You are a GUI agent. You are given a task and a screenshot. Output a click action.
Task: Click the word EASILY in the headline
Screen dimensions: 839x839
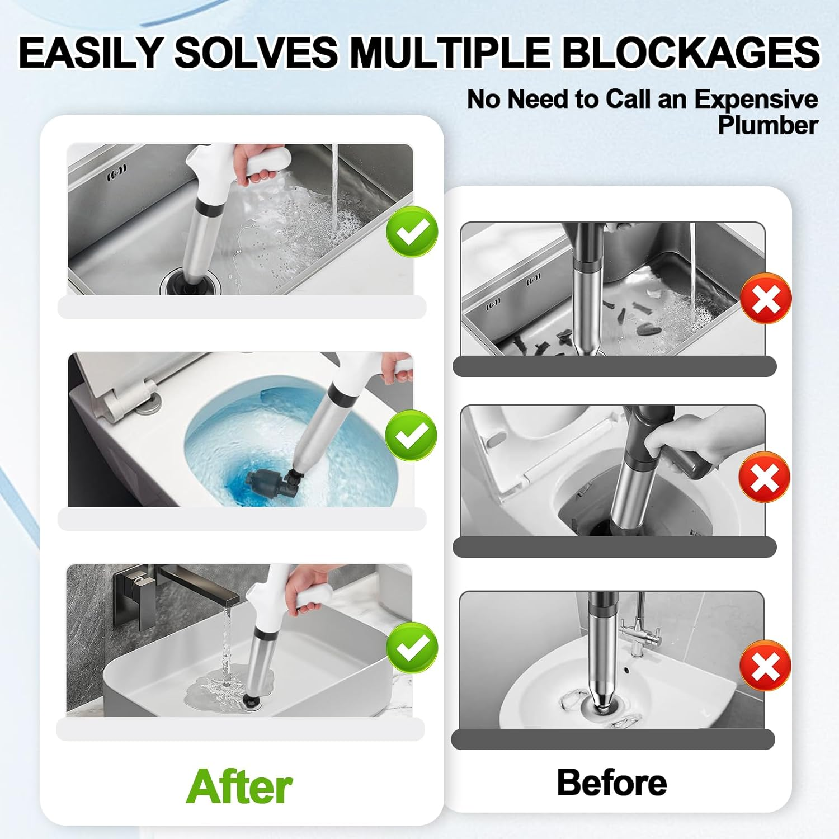pos(90,52)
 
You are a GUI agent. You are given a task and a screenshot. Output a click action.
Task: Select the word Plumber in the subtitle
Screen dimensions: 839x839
pos(767,125)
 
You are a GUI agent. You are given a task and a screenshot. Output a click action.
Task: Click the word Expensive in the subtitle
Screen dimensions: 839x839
pos(756,99)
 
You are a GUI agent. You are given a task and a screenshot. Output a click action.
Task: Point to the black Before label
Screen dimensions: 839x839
pos(611,782)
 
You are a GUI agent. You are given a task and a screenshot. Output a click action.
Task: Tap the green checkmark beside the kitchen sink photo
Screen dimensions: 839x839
pos(412,231)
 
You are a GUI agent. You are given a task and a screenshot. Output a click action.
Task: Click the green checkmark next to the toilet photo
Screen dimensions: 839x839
pos(411,435)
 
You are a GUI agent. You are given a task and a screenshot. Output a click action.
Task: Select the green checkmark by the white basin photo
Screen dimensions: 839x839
pos(412,647)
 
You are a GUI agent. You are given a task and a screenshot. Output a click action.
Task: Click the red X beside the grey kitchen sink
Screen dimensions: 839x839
pos(766,298)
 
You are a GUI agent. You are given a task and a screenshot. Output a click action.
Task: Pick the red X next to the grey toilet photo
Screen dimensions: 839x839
pos(764,477)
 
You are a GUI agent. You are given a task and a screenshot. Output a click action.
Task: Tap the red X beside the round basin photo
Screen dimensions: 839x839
pos(765,666)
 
